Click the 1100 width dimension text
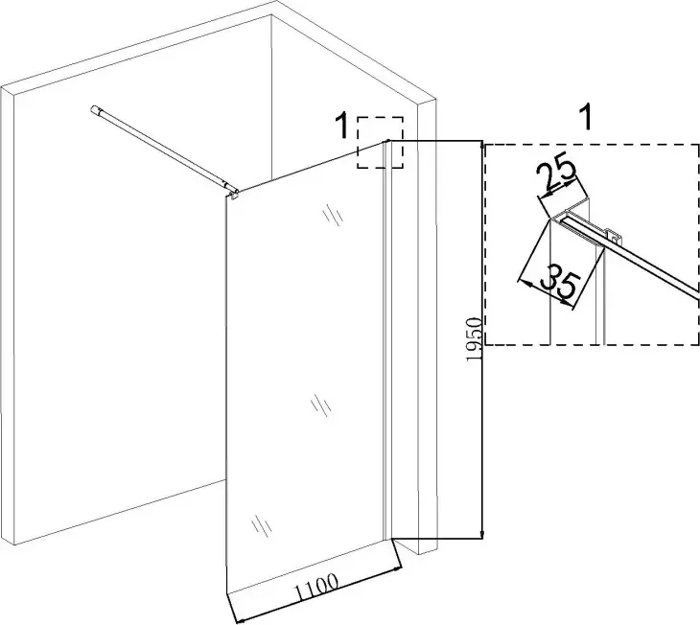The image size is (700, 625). (x=316, y=586)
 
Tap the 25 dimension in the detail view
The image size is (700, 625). (x=556, y=171)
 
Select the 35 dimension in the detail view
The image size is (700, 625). (x=560, y=281)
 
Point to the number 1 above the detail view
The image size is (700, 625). (x=587, y=117)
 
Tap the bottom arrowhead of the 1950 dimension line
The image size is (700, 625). (x=481, y=534)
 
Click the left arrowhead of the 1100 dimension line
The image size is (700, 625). (x=240, y=619)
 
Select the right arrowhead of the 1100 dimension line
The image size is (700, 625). (x=396, y=568)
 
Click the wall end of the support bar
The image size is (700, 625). (x=94, y=109)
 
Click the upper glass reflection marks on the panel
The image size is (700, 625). (x=333, y=215)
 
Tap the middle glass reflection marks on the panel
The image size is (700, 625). (x=321, y=405)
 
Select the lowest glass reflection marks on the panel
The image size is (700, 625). (x=262, y=525)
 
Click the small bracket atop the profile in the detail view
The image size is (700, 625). (x=614, y=235)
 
